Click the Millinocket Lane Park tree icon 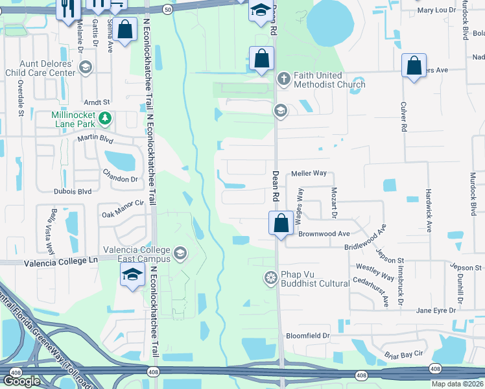(104, 119)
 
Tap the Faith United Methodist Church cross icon (283, 78)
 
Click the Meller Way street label (309, 174)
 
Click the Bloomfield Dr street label (308, 336)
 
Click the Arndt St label (97, 102)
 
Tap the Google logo (21, 381)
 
